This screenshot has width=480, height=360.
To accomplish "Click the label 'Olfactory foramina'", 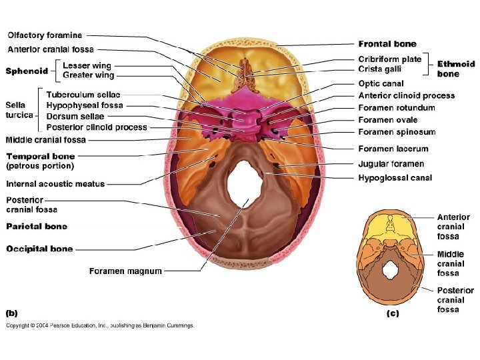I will (x=45, y=35).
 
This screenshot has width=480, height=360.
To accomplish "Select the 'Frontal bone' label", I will (x=387, y=44).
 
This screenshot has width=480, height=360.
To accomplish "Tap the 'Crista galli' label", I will (x=380, y=69).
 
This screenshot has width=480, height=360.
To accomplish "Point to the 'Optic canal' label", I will (x=381, y=83).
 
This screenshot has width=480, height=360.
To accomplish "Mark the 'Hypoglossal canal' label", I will (x=395, y=178).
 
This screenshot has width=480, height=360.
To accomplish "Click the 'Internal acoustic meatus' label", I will (x=55, y=184).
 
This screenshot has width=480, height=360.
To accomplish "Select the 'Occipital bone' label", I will (x=39, y=249).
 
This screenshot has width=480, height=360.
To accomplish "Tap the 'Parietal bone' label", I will (x=37, y=227).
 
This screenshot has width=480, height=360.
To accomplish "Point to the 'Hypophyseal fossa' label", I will (x=85, y=105).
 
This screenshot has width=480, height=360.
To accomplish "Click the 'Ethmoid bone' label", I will (x=456, y=69).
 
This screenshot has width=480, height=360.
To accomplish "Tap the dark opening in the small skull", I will (x=390, y=271).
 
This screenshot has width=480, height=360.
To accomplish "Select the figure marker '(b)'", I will (x=13, y=311).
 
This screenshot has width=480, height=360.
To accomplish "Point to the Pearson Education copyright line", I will (x=100, y=326).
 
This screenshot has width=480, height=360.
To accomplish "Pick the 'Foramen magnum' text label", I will (x=125, y=271).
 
